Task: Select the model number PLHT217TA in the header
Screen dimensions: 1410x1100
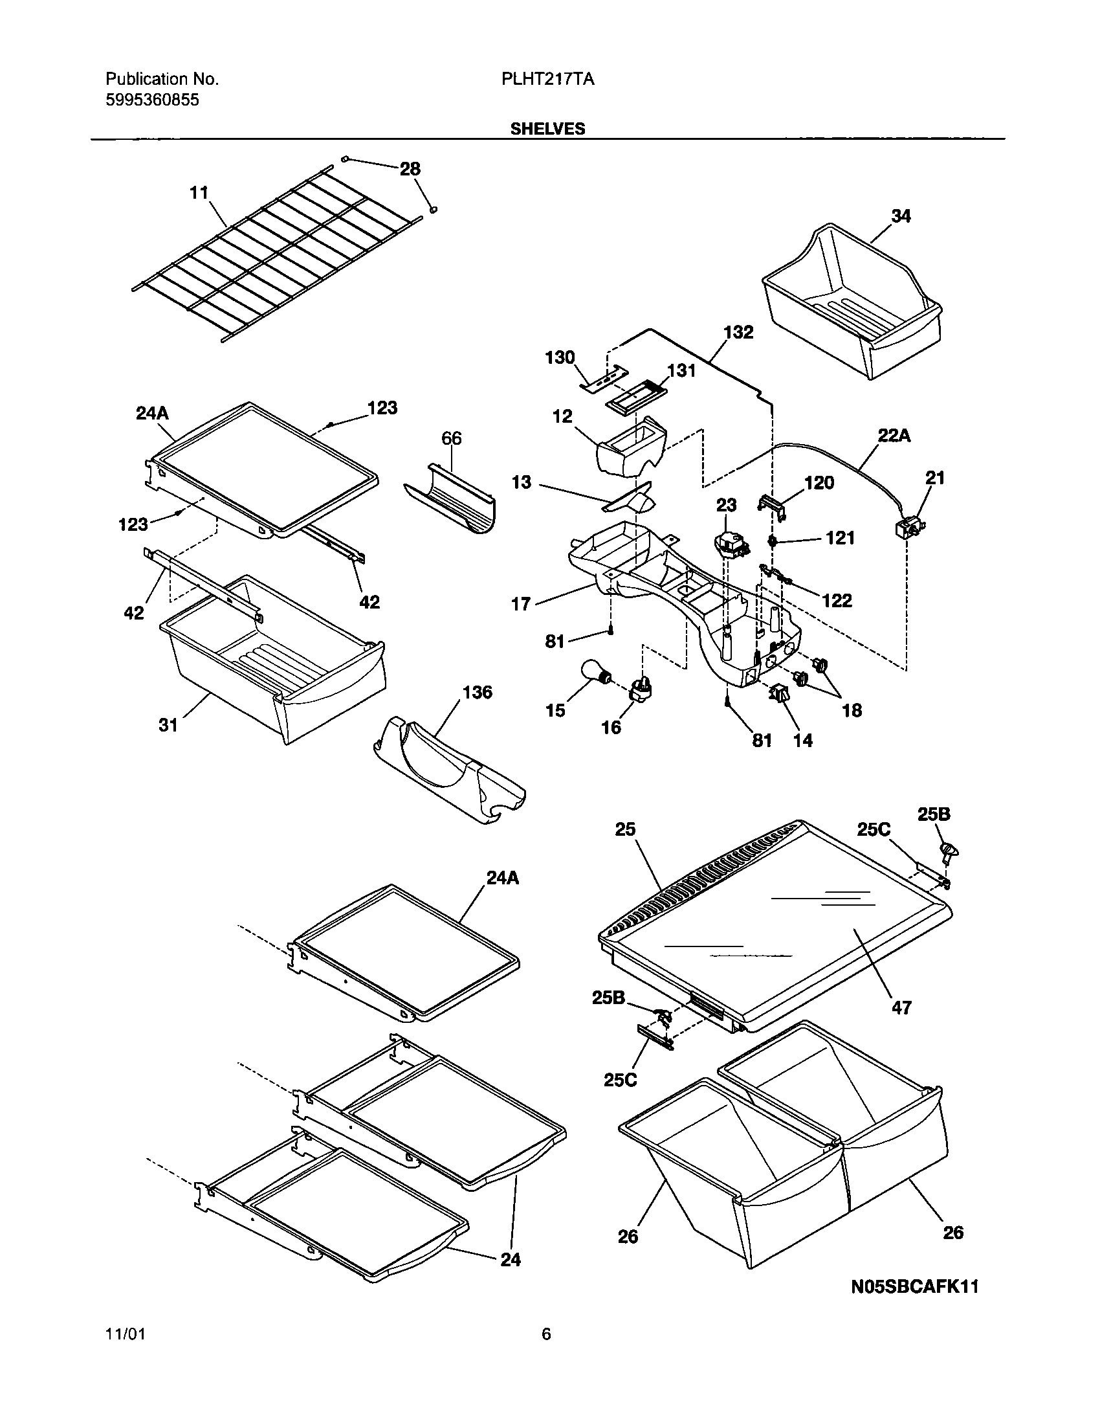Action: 547,80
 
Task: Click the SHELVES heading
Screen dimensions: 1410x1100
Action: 547,129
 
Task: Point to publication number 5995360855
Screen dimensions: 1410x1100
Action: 152,100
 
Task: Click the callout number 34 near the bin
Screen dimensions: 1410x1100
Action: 901,216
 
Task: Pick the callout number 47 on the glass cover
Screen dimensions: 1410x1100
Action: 901,1007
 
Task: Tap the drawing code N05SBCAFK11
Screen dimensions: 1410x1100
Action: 914,1286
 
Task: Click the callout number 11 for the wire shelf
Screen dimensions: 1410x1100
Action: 199,193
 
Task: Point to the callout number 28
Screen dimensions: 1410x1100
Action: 410,169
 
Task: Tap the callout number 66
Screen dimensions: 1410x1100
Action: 451,439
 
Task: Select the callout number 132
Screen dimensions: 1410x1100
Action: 738,332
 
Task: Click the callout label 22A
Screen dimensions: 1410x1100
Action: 894,436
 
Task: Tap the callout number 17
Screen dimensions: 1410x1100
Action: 521,604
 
